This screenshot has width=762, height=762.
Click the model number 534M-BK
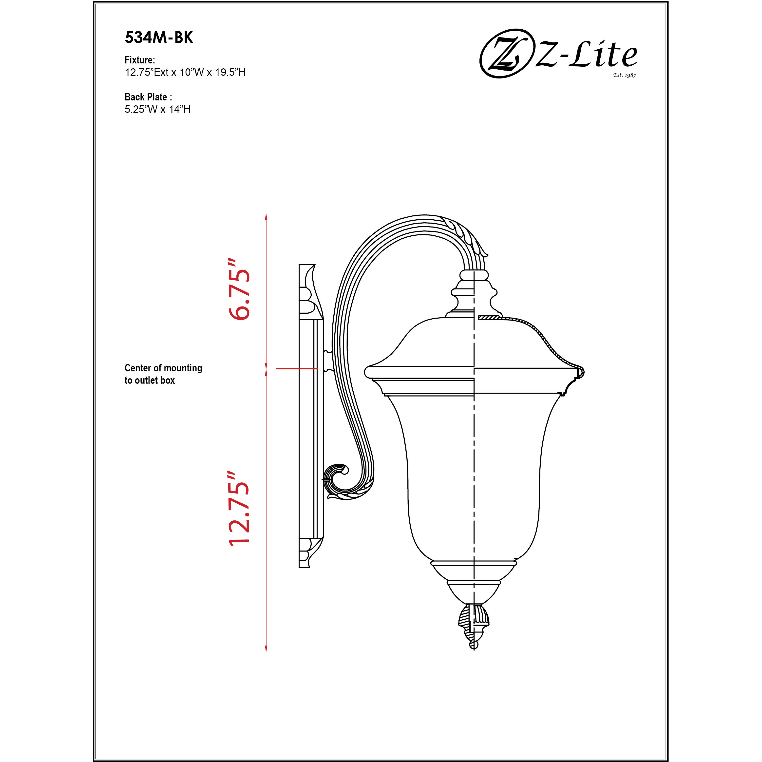[159, 38]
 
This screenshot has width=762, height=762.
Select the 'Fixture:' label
[140, 60]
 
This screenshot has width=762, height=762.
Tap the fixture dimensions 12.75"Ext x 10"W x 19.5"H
[185, 73]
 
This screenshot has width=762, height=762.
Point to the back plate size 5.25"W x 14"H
[157, 109]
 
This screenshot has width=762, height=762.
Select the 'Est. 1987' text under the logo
[624, 75]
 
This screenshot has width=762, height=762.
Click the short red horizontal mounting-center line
[297, 368]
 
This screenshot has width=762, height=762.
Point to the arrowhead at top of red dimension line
[266, 216]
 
